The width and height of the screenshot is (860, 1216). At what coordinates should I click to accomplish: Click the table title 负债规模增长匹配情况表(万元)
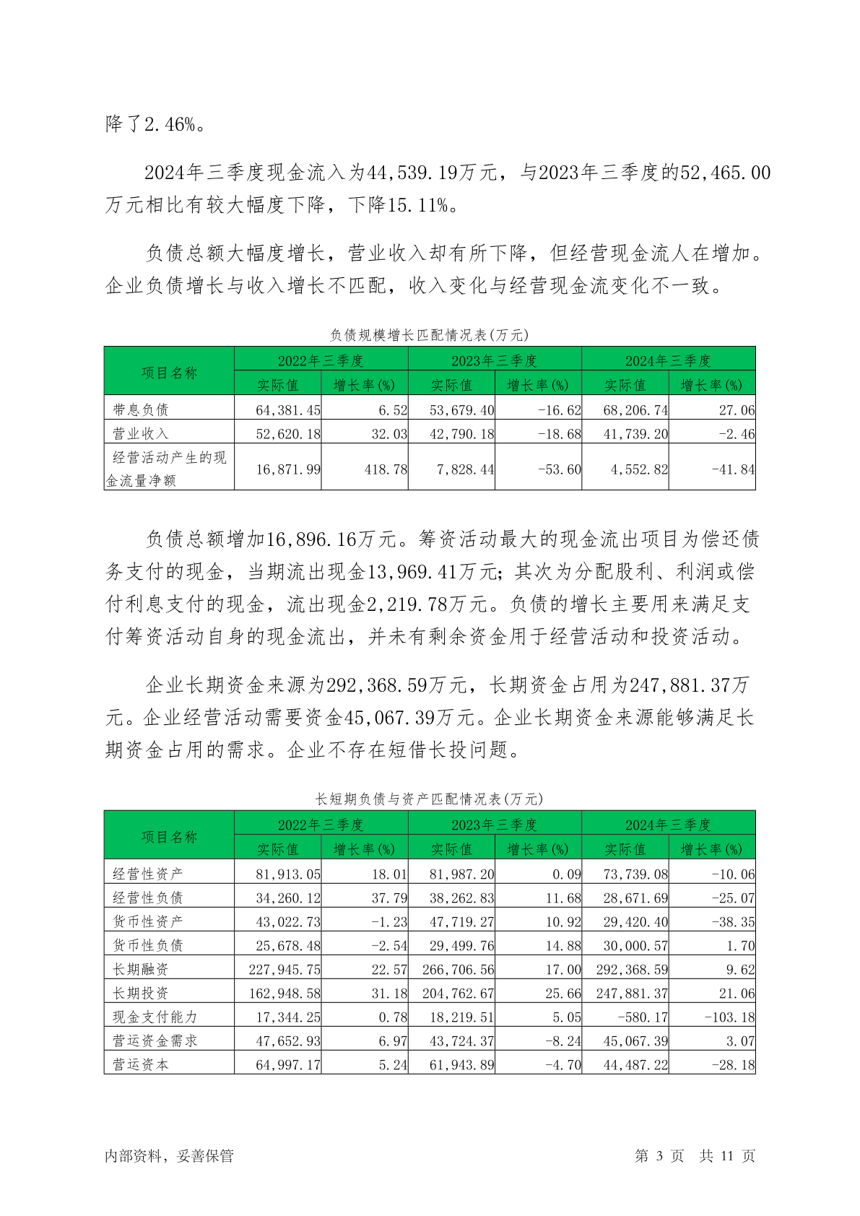click(429, 335)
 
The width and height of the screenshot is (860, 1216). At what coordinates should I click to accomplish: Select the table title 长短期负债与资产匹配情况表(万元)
click(429, 799)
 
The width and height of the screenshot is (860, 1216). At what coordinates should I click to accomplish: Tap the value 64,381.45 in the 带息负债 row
click(288, 410)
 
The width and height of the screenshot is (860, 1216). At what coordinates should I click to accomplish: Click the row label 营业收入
click(141, 434)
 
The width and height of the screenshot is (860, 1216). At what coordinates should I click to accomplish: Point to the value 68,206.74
click(635, 410)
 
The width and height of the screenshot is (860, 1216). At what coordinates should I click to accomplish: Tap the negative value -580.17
click(642, 1017)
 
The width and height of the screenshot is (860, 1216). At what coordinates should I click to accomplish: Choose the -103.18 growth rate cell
click(729, 1017)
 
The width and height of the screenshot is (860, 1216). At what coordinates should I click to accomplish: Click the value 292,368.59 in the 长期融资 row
click(632, 969)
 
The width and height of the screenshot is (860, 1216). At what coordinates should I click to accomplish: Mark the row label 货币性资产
click(148, 921)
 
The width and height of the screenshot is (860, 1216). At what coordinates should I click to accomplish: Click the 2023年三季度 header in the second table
click(495, 825)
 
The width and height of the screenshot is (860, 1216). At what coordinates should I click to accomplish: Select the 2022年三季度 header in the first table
click(321, 360)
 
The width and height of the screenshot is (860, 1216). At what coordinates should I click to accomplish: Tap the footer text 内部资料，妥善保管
click(169, 1156)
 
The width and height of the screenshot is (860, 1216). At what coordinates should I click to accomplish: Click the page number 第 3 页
click(659, 1156)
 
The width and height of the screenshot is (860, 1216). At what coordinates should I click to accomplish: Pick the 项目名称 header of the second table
click(169, 837)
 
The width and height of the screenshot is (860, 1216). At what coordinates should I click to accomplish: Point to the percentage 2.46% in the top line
click(170, 124)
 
